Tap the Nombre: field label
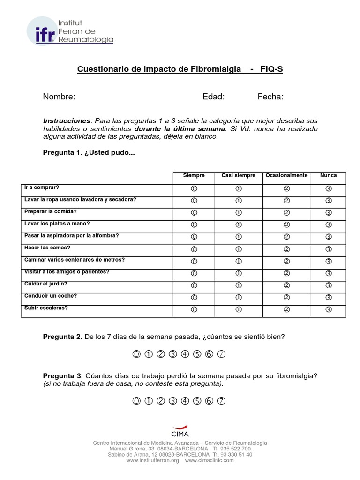coord(59,97)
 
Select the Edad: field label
coord(213,97)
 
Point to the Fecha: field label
coord(270,97)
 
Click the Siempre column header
coord(194,175)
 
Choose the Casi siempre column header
coord(238,175)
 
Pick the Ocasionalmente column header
coord(286,175)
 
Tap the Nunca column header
coord(328,175)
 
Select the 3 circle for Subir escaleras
coord(328,309)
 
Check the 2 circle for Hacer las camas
coord(286,249)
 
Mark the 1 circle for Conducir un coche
coord(238,297)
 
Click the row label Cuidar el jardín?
coord(46,284)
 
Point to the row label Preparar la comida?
coord(50,211)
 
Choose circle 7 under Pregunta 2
coord(222,354)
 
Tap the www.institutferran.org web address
coord(152,461)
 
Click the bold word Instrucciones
coord(66,120)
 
